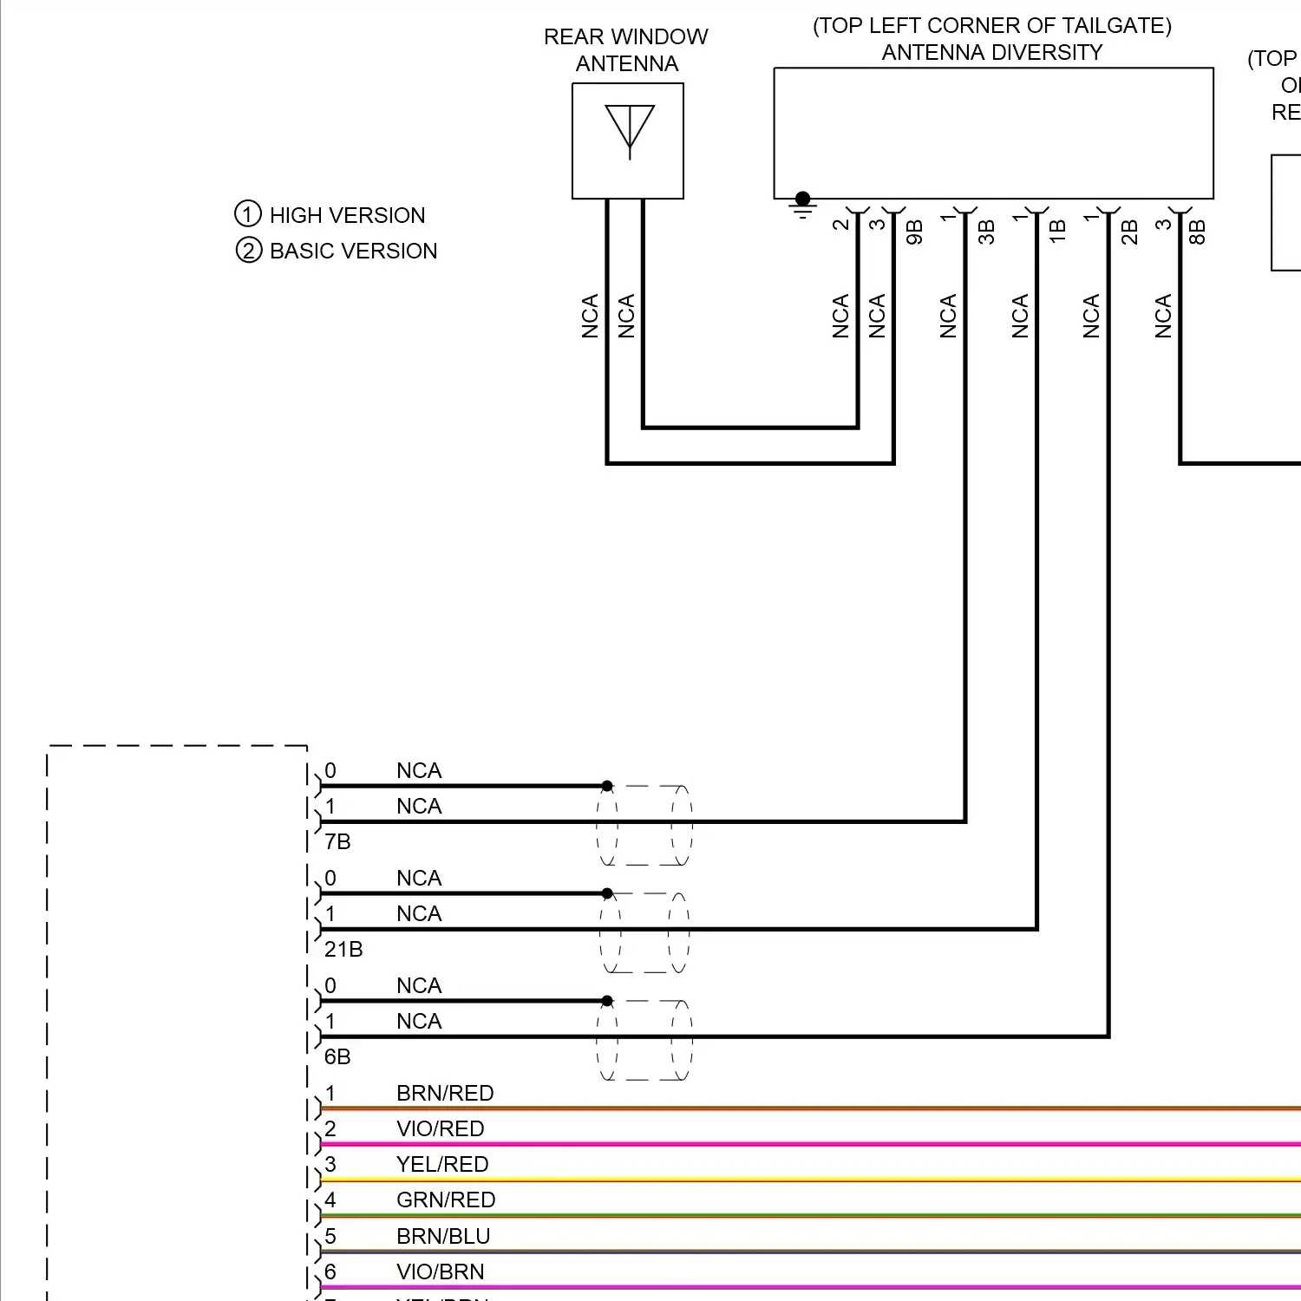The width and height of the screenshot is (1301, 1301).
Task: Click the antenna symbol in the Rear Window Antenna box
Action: click(x=630, y=131)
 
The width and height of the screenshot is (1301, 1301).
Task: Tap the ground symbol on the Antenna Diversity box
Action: click(x=803, y=206)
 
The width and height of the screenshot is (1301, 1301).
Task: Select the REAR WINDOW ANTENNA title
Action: click(x=626, y=50)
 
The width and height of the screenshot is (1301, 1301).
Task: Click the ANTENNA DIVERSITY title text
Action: click(x=992, y=53)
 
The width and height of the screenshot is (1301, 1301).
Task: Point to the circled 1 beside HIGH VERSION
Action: click(x=248, y=214)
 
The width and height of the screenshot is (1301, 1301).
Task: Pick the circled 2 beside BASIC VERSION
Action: click(x=249, y=251)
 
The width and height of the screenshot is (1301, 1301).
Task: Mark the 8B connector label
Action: click(x=1198, y=232)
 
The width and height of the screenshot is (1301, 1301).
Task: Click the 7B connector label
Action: click(x=337, y=842)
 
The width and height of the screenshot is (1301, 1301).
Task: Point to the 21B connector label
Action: click(x=343, y=950)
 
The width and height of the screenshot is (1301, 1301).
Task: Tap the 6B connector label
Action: click(x=337, y=1057)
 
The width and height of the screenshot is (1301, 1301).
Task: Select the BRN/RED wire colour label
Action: click(x=445, y=1094)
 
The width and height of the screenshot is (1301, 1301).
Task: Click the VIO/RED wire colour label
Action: click(x=440, y=1129)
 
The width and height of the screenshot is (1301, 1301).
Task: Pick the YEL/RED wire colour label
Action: click(x=442, y=1165)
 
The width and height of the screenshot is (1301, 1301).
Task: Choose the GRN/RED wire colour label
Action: click(x=446, y=1200)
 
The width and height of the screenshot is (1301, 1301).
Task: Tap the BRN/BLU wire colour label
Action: click(x=443, y=1237)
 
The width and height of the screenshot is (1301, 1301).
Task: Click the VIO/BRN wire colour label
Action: click(x=440, y=1272)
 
